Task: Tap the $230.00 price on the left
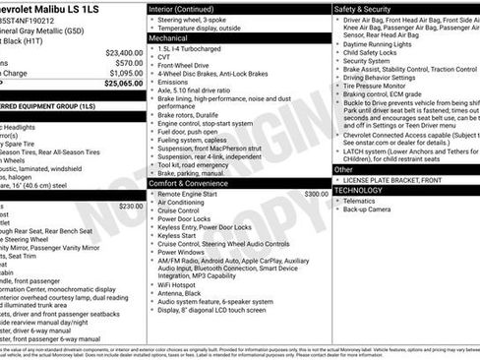pyautogui.click(x=131, y=206)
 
